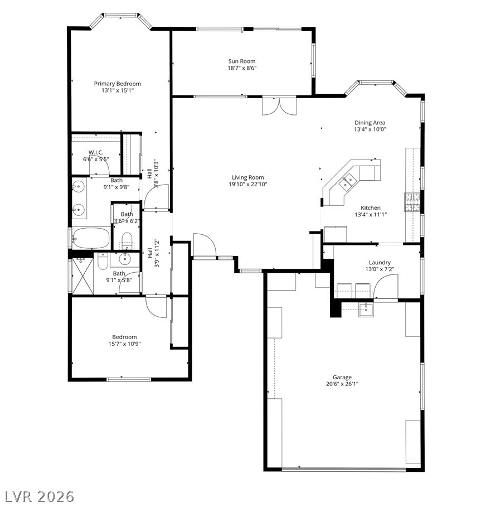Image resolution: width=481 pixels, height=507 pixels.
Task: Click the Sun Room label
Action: point(242,61)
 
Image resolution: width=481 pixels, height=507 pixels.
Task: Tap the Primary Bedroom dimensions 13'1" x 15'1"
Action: point(117,90)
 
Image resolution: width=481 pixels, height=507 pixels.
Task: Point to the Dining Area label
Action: point(370,123)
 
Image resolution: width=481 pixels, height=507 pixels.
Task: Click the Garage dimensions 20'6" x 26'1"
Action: point(342,384)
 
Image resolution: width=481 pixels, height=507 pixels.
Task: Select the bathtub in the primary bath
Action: point(91,238)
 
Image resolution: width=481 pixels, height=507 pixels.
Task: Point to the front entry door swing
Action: point(203,245)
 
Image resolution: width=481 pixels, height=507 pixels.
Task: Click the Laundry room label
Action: point(380,263)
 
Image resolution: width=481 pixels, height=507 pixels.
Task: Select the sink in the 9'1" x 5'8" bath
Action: point(124,258)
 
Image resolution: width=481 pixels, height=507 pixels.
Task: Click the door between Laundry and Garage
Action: point(386,287)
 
